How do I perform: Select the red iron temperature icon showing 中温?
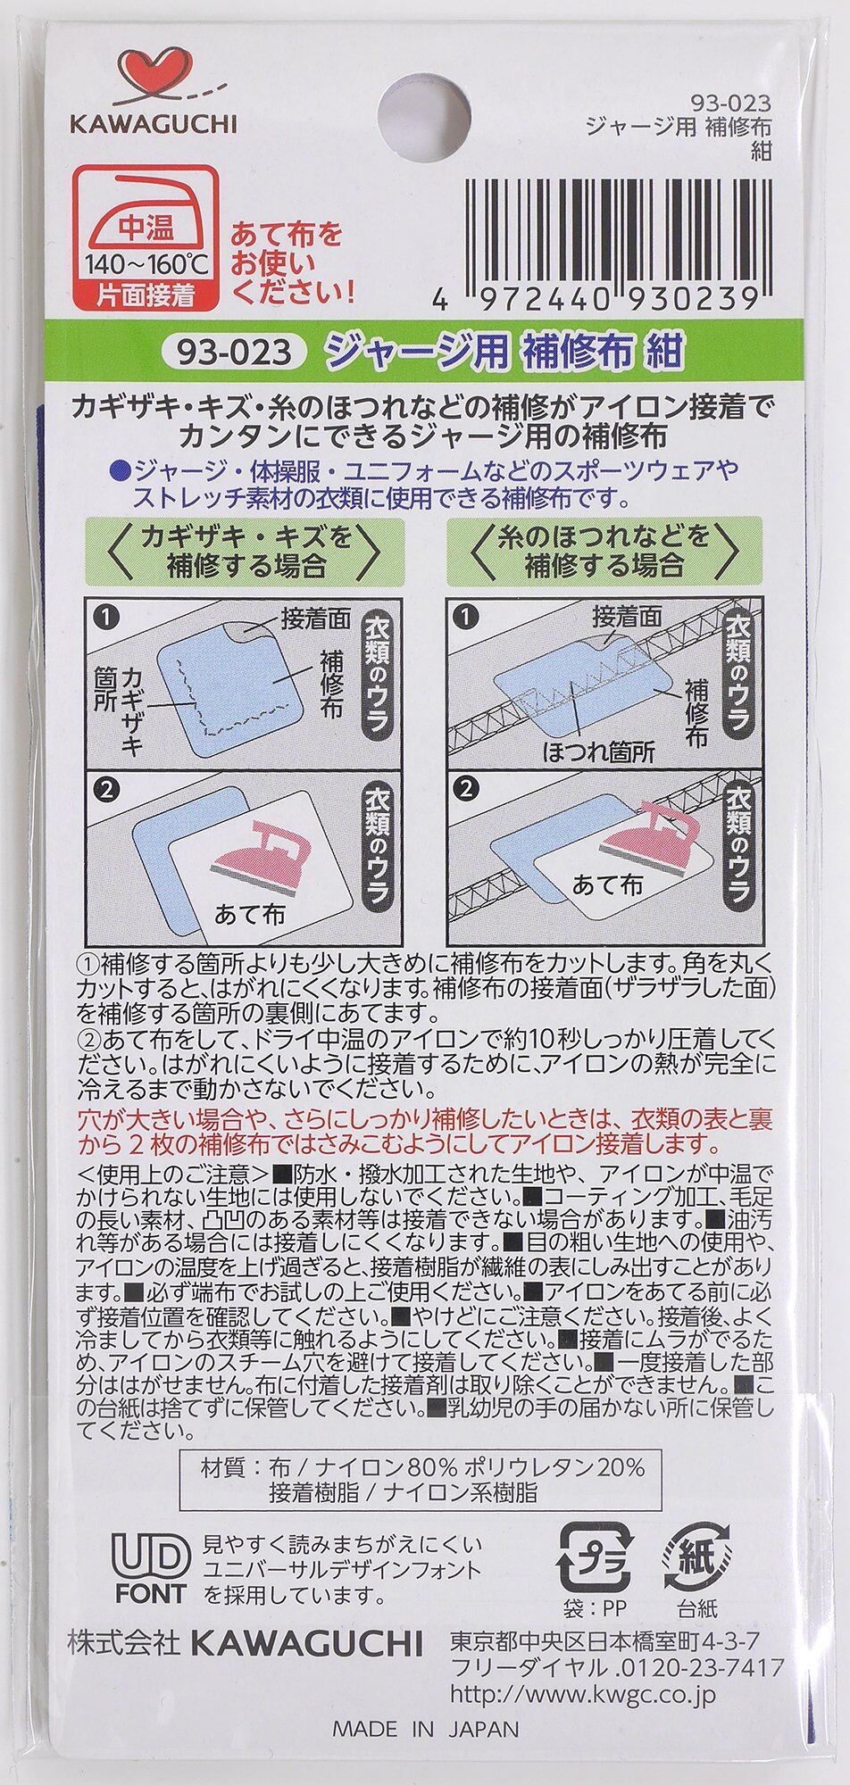[143, 237]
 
